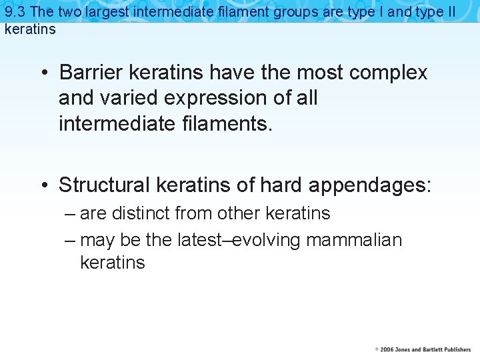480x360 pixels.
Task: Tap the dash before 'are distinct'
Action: point(71,213)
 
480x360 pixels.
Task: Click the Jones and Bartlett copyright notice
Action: point(423,349)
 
